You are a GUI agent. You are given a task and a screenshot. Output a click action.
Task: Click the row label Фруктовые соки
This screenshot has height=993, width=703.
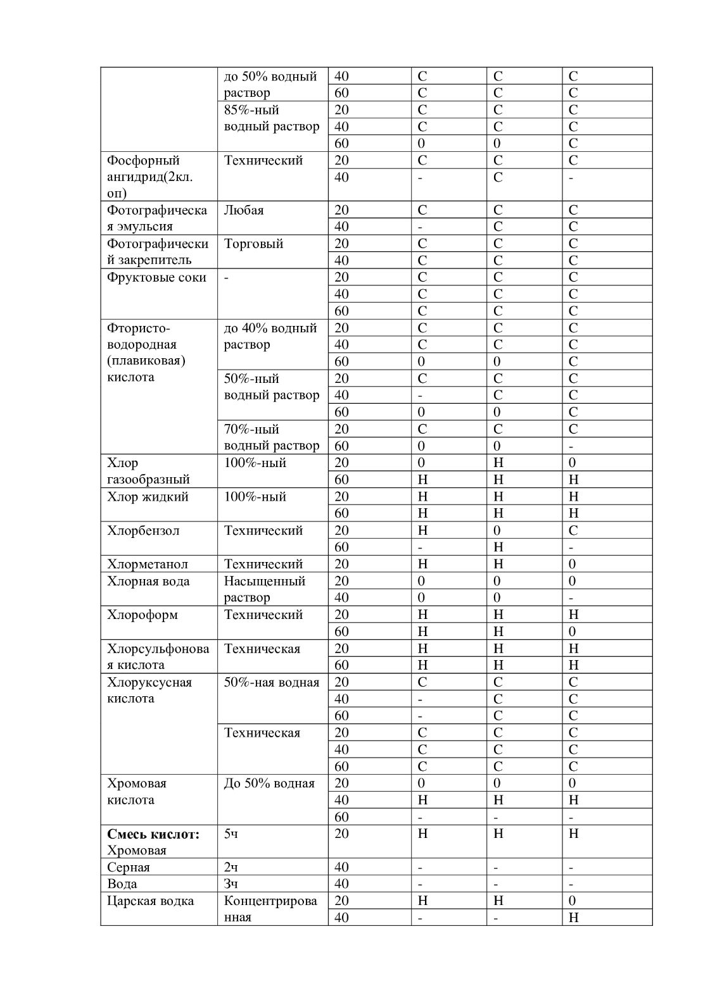(x=156, y=277)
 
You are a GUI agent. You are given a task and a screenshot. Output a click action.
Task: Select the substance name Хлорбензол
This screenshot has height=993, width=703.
(x=143, y=530)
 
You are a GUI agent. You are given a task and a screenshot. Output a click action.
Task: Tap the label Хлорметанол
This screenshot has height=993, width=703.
(x=148, y=564)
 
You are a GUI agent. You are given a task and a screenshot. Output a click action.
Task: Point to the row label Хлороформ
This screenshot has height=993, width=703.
(x=142, y=615)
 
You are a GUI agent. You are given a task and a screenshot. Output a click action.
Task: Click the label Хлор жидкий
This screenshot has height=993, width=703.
(x=148, y=497)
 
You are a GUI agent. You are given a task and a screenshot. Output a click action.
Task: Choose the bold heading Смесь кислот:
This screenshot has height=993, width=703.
(x=153, y=834)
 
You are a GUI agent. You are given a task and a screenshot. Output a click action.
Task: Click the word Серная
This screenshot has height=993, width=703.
(x=129, y=867)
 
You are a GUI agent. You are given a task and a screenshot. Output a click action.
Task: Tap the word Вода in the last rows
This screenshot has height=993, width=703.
(x=122, y=884)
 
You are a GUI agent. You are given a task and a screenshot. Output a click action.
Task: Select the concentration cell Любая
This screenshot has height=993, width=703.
(x=244, y=210)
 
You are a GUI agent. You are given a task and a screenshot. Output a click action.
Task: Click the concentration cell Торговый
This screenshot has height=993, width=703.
(x=253, y=244)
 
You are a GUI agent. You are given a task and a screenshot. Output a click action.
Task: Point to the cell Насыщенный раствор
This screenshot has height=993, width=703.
(x=264, y=589)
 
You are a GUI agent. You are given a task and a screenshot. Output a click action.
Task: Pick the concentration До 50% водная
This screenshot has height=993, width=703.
(x=269, y=783)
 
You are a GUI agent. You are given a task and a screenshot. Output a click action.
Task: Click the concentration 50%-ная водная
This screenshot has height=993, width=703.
(x=271, y=682)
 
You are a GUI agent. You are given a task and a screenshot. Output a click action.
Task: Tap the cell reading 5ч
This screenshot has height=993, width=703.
(x=231, y=834)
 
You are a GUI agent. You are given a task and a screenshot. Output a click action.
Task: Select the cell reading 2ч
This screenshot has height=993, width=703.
(x=231, y=867)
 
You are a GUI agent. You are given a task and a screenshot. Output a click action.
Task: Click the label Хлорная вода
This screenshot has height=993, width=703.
(x=148, y=581)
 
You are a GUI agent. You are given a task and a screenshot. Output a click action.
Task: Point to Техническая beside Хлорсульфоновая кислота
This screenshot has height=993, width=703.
(x=262, y=649)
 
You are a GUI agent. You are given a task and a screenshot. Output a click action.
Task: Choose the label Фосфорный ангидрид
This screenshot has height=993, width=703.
(x=150, y=168)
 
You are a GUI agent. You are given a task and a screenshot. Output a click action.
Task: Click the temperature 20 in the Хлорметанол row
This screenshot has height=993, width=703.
(x=341, y=564)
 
